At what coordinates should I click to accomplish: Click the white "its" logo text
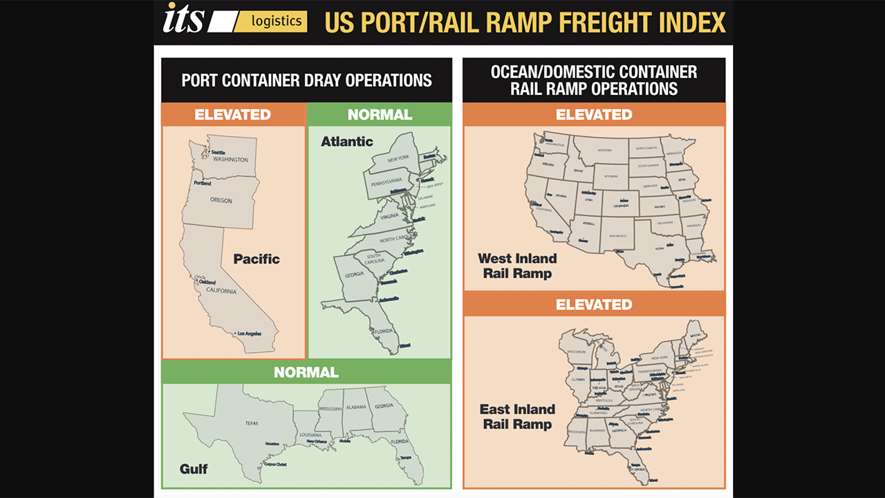184,19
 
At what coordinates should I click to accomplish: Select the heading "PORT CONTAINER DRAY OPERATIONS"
306,80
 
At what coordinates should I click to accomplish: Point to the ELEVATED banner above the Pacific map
233,114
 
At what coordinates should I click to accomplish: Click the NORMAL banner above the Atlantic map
380,114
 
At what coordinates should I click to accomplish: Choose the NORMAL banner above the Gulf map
306,372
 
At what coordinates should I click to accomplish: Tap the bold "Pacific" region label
257,259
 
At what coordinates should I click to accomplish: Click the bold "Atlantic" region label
346,142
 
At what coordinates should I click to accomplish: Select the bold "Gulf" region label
194,469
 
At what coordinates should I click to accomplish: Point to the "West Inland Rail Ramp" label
516,266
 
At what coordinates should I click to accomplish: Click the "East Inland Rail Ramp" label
517,416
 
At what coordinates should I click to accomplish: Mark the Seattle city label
218,152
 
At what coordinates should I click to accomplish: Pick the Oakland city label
207,282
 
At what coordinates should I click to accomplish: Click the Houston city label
272,443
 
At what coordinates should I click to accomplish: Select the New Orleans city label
317,441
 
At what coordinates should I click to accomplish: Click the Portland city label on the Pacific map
203,183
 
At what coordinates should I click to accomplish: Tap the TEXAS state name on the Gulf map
251,423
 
